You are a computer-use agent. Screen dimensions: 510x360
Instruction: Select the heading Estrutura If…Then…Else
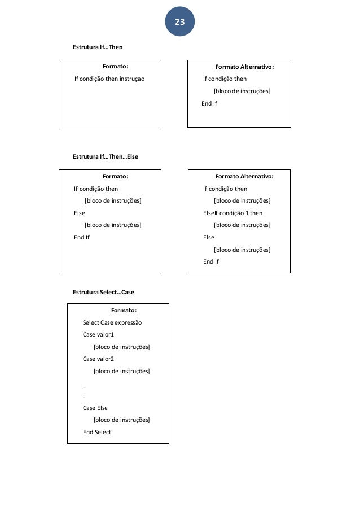(x=106, y=156)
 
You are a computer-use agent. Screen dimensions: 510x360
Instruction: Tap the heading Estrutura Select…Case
(x=103, y=292)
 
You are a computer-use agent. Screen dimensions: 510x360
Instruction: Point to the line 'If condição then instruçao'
(x=109, y=79)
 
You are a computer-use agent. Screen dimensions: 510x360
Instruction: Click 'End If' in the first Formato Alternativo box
(x=209, y=103)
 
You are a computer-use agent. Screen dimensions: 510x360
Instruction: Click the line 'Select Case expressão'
(x=112, y=322)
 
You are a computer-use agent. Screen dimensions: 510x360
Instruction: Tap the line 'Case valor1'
(x=98, y=334)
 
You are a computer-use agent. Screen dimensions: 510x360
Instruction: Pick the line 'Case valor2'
(x=98, y=359)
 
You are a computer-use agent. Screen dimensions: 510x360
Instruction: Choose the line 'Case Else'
(x=95, y=408)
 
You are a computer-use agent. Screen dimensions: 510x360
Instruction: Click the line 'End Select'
(x=97, y=432)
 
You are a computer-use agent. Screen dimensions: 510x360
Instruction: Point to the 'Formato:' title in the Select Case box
(x=124, y=310)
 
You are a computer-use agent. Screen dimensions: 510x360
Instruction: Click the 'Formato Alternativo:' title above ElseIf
(x=244, y=176)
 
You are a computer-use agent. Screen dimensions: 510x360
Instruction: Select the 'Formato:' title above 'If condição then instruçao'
(x=115, y=67)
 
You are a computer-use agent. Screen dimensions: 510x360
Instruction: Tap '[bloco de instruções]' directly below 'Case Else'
(x=121, y=420)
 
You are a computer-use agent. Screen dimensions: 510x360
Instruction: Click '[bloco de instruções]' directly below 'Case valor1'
(x=121, y=347)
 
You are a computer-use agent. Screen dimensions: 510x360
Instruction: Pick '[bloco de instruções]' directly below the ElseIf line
(x=242, y=225)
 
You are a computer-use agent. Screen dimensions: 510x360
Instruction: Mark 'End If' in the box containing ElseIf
(x=211, y=261)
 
